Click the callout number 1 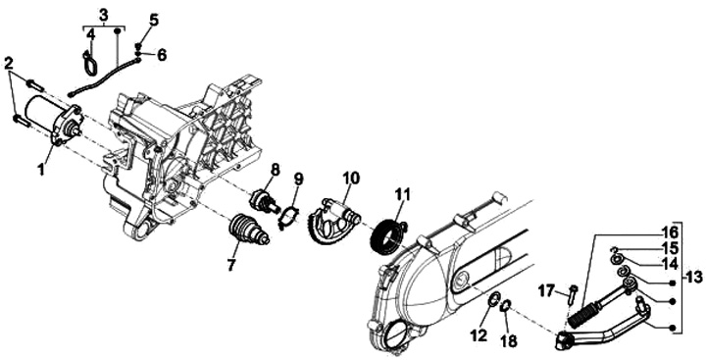click(41, 170)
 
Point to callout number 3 click(104, 15)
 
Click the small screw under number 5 click(138, 45)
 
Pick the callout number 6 click(162, 55)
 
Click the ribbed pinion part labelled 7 click(249, 231)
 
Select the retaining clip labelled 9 click(288, 217)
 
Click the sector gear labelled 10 click(332, 220)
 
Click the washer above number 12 click(493, 299)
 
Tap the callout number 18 click(510, 340)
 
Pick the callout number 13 click(694, 277)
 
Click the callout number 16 click(670, 232)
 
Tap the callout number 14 click(670, 263)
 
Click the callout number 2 click(9, 64)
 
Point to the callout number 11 click(403, 195)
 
